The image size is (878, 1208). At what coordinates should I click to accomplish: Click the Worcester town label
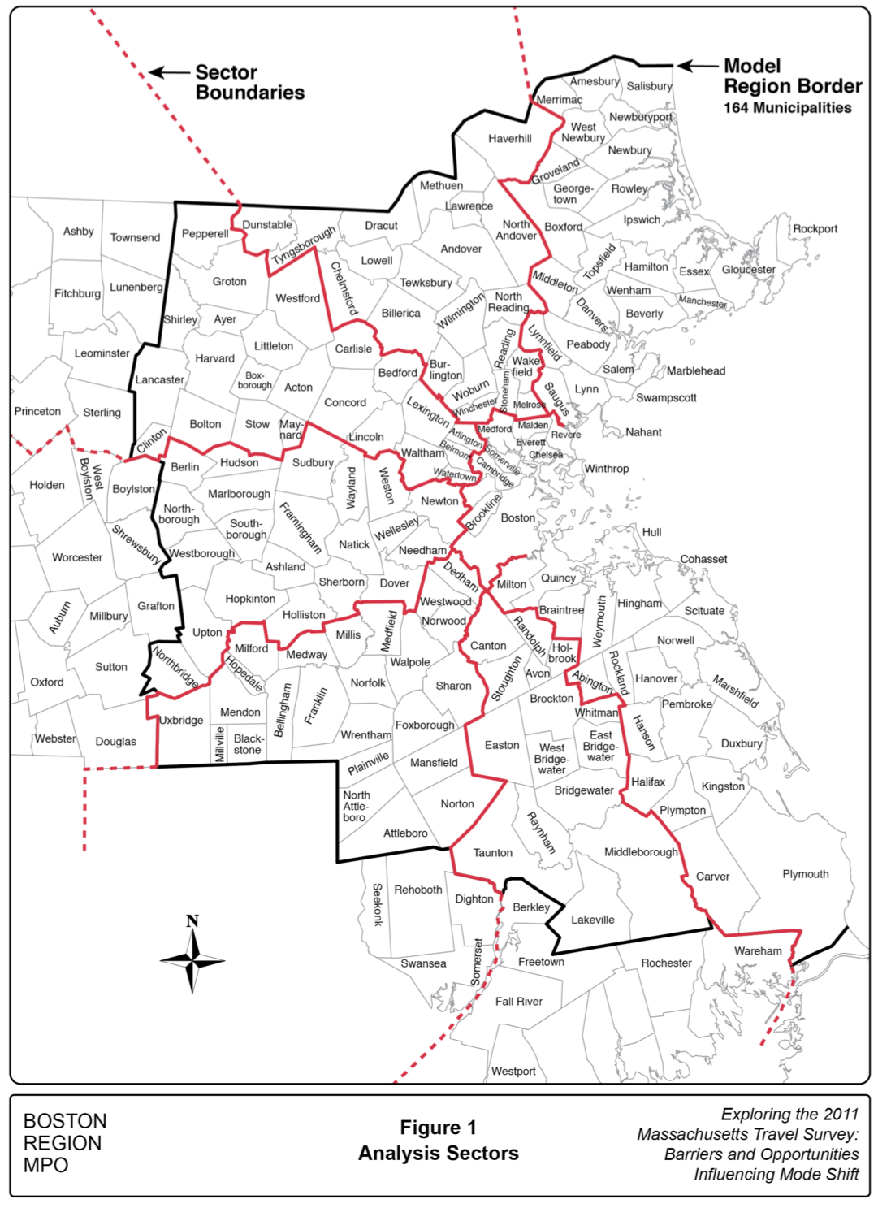[77, 557]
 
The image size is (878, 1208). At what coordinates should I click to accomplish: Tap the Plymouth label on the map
[805, 874]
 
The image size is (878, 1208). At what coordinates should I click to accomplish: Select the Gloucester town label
[748, 270]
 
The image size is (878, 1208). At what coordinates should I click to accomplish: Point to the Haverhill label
[510, 139]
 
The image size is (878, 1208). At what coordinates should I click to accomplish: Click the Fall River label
[519, 1002]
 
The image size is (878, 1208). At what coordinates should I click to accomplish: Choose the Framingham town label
[301, 528]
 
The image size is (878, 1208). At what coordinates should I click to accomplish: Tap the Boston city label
[518, 517]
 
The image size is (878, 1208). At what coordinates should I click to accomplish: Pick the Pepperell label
[205, 234]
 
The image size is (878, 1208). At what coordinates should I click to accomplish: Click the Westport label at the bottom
[513, 1072]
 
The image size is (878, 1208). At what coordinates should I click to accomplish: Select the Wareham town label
[758, 951]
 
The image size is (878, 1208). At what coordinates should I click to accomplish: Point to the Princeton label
[37, 411]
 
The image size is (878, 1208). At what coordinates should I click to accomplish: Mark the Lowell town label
[377, 261]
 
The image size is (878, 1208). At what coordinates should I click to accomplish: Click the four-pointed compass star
[192, 961]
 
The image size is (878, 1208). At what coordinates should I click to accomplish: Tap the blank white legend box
[97, 994]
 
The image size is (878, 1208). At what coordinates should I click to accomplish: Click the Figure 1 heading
[438, 1128]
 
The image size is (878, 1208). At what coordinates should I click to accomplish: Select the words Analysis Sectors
[438, 1154]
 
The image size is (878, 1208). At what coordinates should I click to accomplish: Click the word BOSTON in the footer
[65, 1121]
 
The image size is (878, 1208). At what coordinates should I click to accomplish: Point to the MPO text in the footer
[46, 1165]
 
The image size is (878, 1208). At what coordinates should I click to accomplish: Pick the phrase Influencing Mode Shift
[776, 1175]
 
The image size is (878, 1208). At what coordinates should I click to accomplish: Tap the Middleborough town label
[641, 852]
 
